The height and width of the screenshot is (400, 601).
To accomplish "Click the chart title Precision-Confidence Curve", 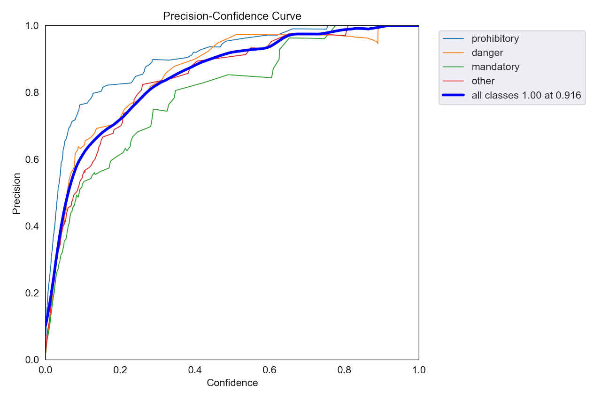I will coord(232,16).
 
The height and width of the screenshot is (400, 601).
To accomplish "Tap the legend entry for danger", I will coord(487,53).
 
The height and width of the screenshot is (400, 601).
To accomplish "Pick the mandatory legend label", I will coord(495,67).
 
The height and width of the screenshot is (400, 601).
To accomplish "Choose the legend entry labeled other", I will coord(483,81).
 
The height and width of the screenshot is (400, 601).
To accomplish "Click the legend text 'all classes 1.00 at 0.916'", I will coord(526,96).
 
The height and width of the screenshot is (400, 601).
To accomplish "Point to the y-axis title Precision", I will coord(16,194).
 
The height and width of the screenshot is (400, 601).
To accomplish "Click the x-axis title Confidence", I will coord(232,383).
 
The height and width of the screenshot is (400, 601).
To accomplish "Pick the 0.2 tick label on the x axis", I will coord(120,370).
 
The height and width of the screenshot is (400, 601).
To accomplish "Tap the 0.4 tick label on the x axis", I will coord(195,370).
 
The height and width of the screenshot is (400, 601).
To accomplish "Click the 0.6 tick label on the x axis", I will coord(270,370).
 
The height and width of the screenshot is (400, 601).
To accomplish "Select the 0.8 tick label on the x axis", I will coord(344,370).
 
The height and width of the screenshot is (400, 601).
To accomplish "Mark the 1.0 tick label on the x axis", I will coord(419,370).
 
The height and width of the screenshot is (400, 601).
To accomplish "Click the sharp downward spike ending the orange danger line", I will coord(378,43).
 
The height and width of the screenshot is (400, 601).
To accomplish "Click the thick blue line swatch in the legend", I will coord(454,96).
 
